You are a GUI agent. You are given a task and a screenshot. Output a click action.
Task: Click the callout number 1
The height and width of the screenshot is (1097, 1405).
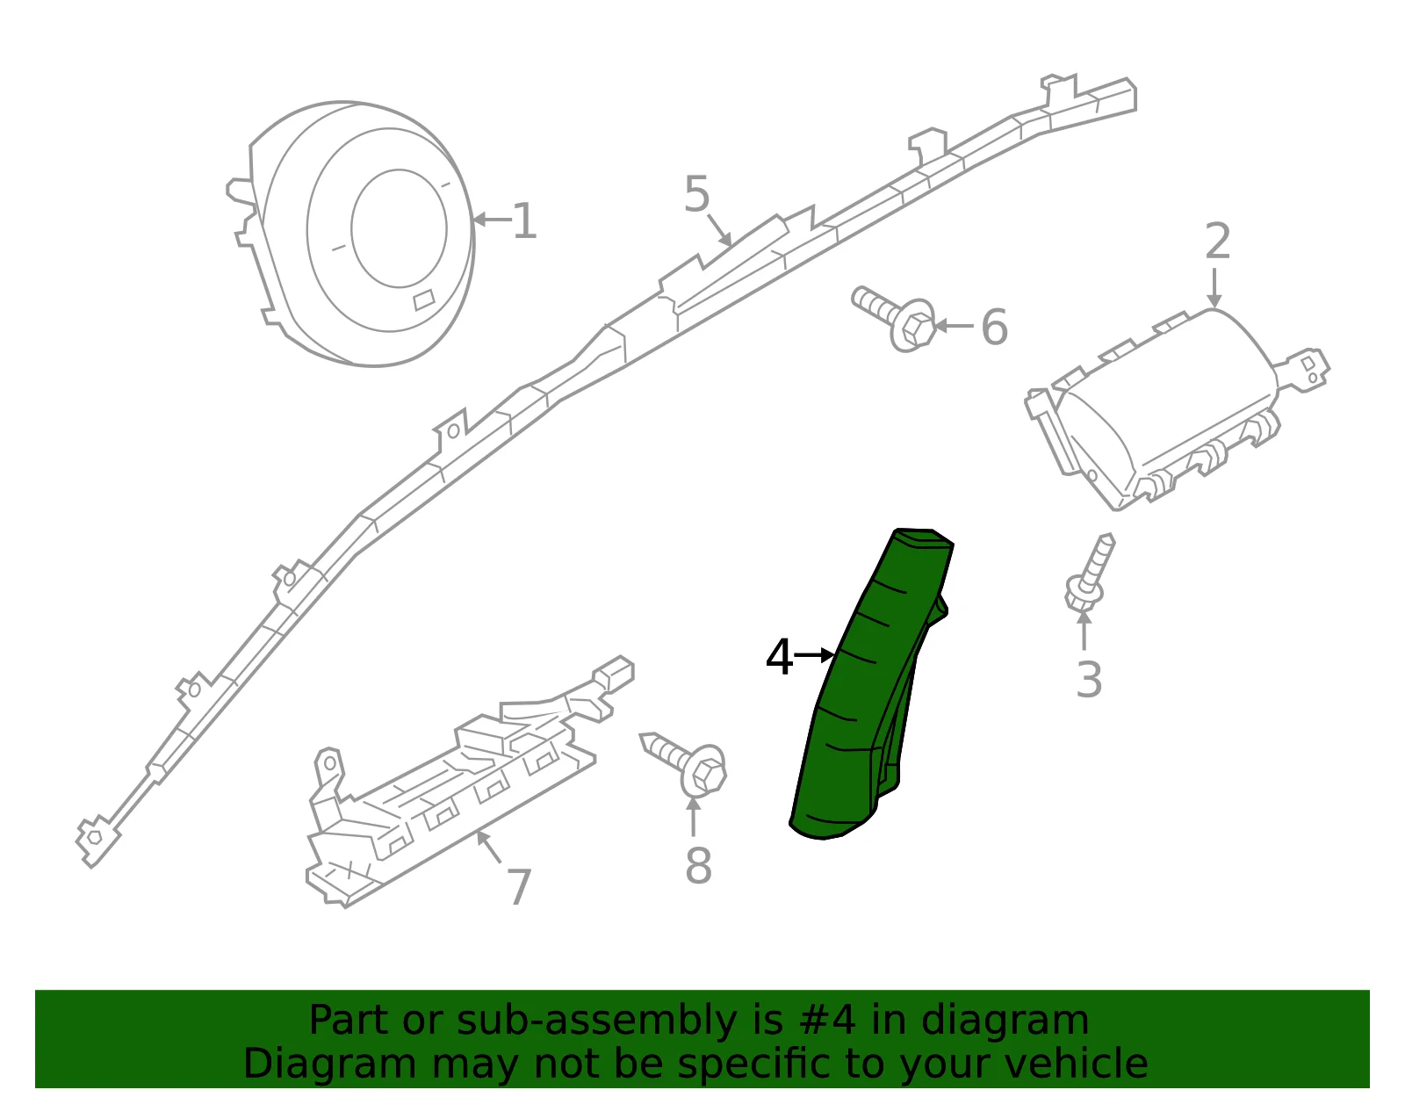pos(524,220)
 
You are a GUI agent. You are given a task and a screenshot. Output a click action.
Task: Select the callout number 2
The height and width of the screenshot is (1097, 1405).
pos(1217,242)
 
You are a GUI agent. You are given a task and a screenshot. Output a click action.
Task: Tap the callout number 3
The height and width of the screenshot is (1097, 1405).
pos(1089,680)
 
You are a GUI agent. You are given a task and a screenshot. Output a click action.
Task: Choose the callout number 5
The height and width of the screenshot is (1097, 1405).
pos(697,193)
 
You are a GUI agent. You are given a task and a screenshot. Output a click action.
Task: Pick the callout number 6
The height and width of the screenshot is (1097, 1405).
pos(994,327)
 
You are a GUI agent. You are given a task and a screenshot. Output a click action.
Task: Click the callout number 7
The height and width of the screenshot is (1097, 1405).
pos(519,887)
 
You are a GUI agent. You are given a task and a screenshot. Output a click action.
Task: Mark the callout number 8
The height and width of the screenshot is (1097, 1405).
pos(698,865)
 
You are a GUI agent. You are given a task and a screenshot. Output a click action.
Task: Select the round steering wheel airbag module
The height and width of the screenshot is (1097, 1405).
pos(352,234)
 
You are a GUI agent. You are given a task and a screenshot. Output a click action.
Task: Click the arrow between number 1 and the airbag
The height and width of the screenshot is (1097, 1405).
pos(493,220)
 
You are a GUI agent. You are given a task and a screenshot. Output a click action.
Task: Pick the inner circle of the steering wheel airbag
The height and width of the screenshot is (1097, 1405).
pos(399,228)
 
